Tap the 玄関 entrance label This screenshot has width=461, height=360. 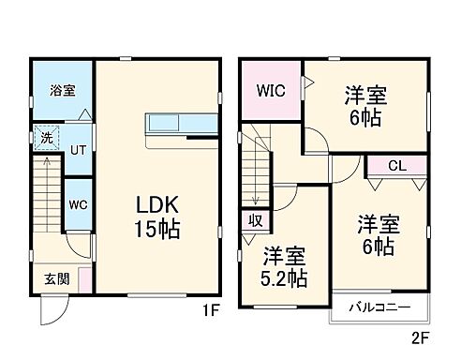coord(55,279)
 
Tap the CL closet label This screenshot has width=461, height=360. coord(396,166)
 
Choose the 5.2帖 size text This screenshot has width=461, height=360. coord(285,277)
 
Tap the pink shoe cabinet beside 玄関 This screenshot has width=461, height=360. coord(84,278)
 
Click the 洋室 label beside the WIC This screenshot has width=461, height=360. coord(365,95)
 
